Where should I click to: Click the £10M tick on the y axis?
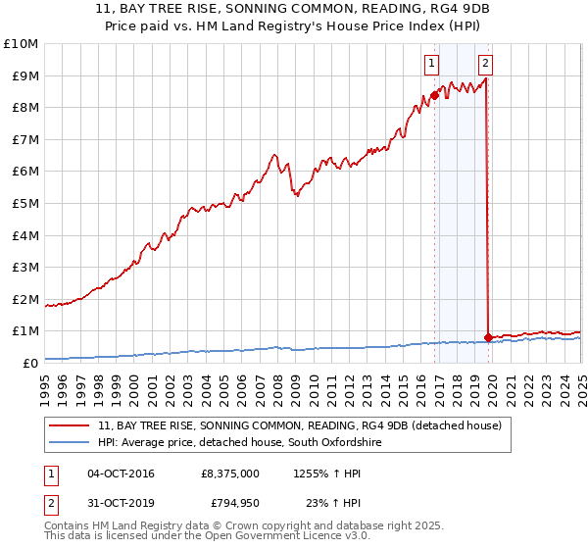(x=22, y=44)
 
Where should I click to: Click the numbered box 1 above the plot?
(x=431, y=65)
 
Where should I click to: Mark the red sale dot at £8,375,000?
(x=434, y=95)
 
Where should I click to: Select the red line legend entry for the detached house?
(x=300, y=425)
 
